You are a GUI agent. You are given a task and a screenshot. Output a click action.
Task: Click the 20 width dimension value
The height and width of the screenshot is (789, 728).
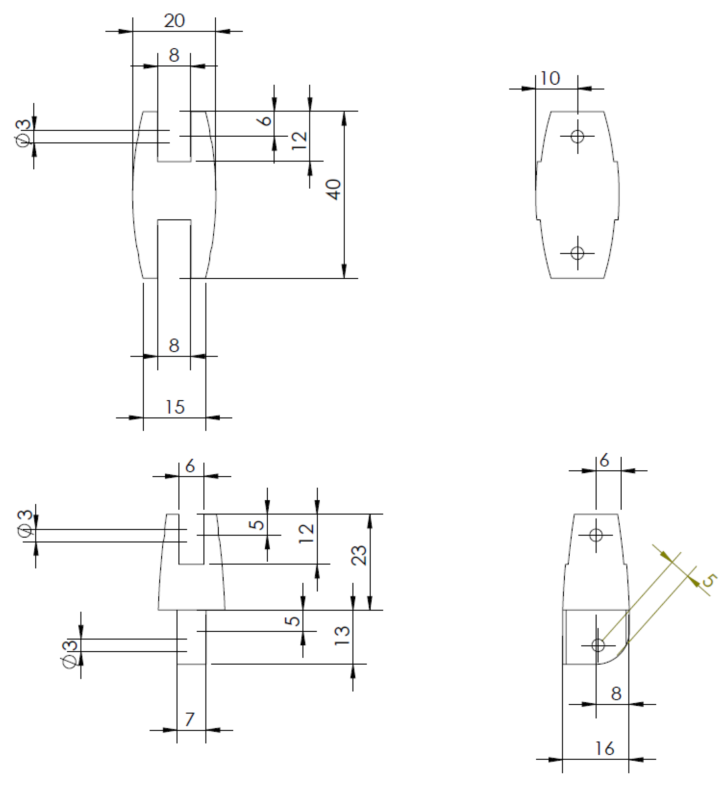[174, 20]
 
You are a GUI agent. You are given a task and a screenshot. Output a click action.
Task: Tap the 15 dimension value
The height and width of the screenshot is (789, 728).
[174, 407]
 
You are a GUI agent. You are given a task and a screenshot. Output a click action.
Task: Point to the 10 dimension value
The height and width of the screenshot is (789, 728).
[550, 78]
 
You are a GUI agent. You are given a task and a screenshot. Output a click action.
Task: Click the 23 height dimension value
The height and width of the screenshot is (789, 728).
[358, 555]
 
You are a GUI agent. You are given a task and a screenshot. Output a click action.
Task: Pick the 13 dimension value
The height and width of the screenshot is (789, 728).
[341, 636]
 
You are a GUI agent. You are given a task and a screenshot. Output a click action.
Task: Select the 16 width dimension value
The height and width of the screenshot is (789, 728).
[604, 748]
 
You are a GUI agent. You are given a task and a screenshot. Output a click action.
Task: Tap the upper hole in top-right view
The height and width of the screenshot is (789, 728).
[578, 137]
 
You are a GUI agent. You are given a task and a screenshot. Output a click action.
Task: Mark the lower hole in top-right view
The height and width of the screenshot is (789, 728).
[578, 253]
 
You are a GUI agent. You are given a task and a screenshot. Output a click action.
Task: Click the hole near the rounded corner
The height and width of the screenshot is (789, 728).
[598, 645]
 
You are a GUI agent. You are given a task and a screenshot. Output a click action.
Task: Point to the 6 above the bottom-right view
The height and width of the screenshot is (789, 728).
[604, 460]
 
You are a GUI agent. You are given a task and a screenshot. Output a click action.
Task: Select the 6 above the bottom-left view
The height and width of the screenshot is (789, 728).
[190, 466]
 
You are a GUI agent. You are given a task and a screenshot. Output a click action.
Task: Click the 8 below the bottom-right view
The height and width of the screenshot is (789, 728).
[616, 694]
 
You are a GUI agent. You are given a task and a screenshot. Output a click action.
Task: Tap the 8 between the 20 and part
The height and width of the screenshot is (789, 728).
[174, 55]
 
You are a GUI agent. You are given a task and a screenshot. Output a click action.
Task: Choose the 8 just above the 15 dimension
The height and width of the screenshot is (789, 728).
[174, 346]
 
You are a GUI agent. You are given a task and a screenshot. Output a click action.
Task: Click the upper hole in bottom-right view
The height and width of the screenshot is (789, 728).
[596, 535]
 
